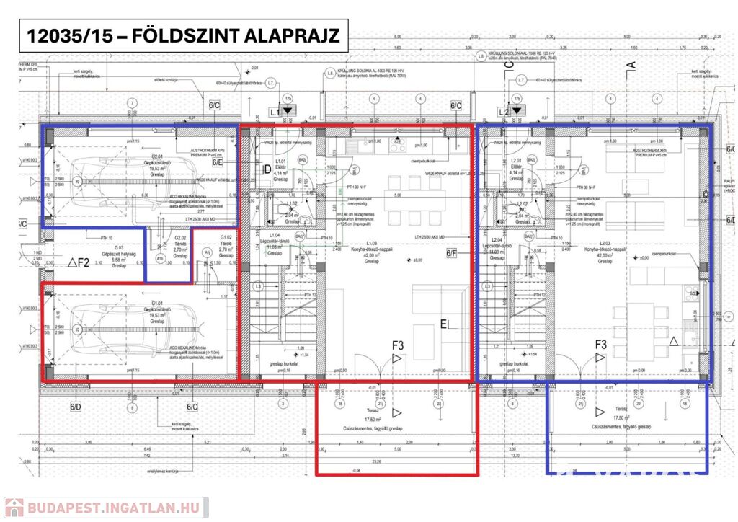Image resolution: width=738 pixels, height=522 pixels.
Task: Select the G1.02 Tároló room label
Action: tap(226, 246)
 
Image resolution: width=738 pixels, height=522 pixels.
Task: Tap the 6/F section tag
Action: tap(452, 253)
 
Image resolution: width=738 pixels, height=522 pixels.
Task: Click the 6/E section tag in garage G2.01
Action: tap(218, 163)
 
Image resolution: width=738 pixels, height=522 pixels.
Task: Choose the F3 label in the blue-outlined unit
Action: tap(601, 345)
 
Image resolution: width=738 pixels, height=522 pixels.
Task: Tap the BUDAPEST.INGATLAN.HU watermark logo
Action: tap(105, 508)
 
